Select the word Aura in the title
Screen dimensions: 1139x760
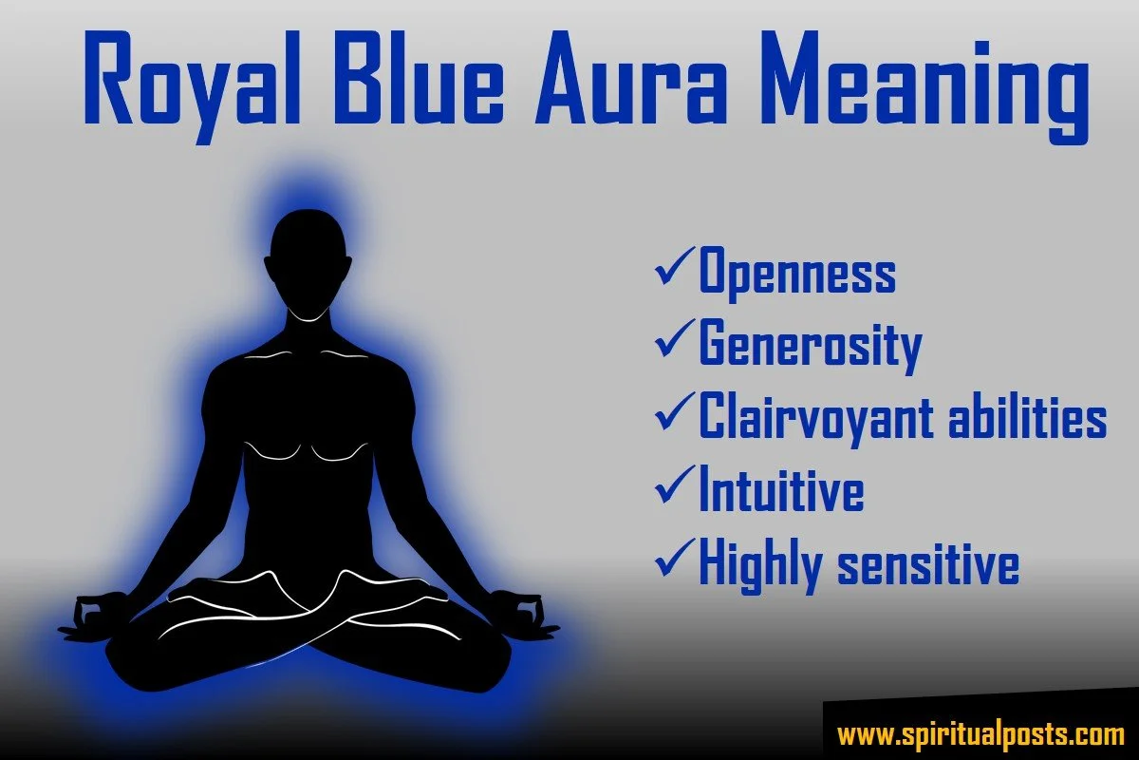click(x=629, y=79)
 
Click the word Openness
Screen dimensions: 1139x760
click(x=797, y=273)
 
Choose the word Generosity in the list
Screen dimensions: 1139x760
click(x=811, y=345)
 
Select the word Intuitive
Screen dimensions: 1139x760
click(x=781, y=487)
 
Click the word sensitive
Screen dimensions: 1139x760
click(x=928, y=563)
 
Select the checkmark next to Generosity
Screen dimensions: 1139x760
click(x=675, y=341)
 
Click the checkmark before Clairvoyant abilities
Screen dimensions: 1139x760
click(x=675, y=414)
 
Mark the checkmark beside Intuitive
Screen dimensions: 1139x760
click(x=675, y=486)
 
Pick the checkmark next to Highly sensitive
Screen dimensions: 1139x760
click(x=675, y=560)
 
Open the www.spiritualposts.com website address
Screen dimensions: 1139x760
click(x=980, y=735)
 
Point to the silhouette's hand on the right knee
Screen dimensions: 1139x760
click(x=526, y=616)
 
